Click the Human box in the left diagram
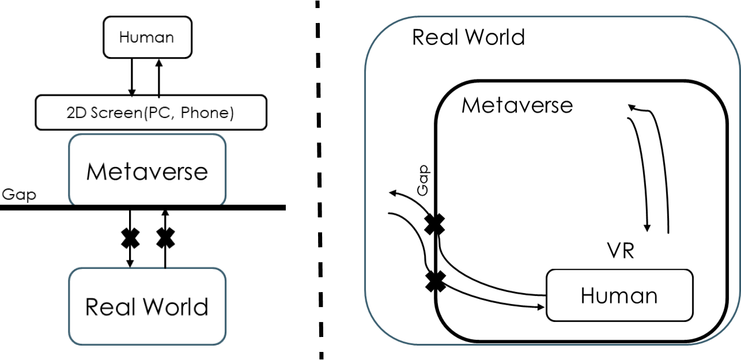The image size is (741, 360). click(147, 37)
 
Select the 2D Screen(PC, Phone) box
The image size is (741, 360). click(150, 112)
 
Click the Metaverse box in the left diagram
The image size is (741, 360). click(147, 170)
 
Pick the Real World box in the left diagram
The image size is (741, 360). click(147, 306)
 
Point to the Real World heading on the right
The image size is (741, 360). click(468, 37)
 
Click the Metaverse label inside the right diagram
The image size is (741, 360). click(517, 105)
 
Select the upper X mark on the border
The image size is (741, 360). click(434, 225)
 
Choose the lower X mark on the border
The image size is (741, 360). click(436, 282)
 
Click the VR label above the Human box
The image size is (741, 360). click(620, 251)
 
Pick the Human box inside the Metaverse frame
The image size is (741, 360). click(619, 295)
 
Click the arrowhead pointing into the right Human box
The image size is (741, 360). click(540, 307)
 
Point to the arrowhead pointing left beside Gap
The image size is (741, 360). click(392, 194)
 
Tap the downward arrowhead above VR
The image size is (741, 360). click(648, 227)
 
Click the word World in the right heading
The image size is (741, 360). click(496, 37)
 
